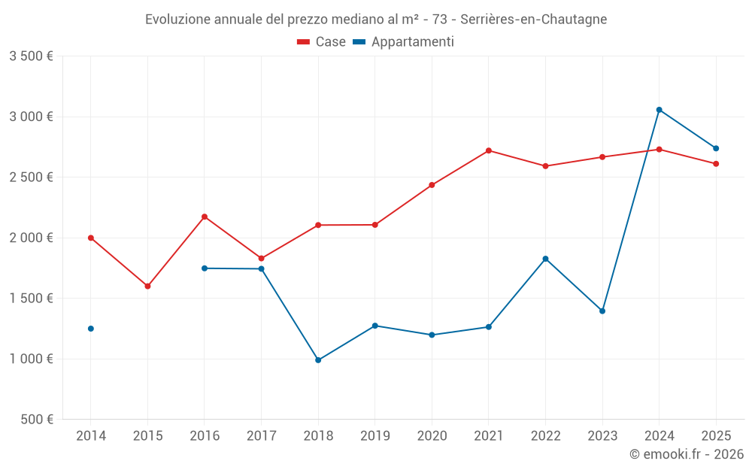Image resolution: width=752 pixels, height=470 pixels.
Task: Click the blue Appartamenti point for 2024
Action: [659, 110]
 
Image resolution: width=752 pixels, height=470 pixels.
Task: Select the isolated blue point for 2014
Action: [91, 329]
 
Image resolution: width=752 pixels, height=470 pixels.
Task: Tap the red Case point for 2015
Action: [147, 287]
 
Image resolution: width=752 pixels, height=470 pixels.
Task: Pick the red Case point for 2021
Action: [489, 150]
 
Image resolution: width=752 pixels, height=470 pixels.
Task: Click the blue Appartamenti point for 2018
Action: [318, 360]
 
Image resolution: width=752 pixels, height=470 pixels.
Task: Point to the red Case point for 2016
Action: [205, 217]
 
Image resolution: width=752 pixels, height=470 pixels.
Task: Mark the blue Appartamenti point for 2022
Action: [545, 259]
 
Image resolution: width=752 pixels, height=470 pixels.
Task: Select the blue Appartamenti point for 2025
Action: [716, 148]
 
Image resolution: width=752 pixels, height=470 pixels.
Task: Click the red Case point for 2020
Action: [432, 185]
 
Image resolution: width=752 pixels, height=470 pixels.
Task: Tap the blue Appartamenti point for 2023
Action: [602, 311]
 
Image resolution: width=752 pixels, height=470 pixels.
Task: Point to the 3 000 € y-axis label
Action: [31, 117]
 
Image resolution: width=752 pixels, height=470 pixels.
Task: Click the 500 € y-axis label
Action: [37, 420]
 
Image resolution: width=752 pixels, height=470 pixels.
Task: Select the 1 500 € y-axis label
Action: [31, 299]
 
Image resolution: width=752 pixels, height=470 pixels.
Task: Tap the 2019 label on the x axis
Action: [374, 435]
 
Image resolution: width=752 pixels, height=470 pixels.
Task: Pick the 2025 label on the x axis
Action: [715, 435]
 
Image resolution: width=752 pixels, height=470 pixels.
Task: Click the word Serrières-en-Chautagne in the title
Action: [535, 20]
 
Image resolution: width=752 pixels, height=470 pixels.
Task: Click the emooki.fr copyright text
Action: [687, 454]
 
